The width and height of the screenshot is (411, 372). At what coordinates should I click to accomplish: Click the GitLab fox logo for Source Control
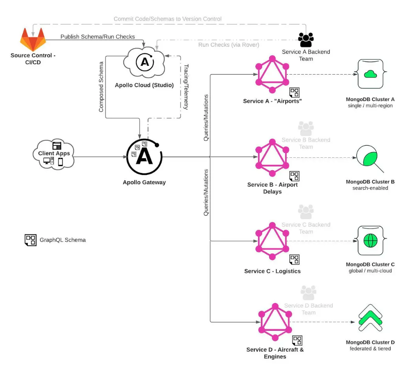(33, 39)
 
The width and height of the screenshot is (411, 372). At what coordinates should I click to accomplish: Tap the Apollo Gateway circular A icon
(144, 156)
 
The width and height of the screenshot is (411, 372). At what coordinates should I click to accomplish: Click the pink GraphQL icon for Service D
(275, 322)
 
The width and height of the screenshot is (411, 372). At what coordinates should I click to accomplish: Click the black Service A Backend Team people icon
(306, 40)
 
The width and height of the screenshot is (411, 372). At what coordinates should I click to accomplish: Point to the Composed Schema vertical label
(101, 87)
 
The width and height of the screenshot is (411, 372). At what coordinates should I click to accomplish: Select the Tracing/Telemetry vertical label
(186, 87)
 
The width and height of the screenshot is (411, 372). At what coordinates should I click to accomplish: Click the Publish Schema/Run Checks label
(97, 37)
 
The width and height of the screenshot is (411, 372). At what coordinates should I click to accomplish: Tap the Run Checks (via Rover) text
(229, 45)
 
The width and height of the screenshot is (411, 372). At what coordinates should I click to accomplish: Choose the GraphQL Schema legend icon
(31, 240)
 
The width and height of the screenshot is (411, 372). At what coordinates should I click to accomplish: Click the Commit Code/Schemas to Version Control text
(167, 19)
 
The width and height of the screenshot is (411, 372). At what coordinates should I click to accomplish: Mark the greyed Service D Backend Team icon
(308, 292)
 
